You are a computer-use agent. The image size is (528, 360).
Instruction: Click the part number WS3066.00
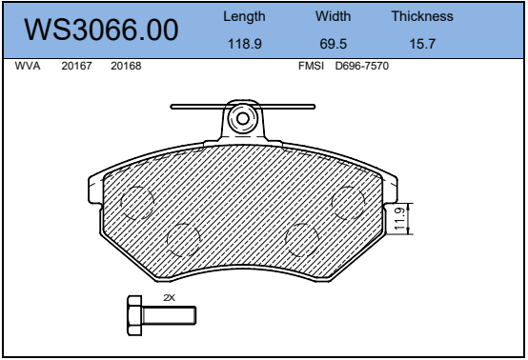pos(101,30)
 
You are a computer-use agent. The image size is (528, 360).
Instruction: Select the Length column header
pos(244,17)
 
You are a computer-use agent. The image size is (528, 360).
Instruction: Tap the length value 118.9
pos(245,44)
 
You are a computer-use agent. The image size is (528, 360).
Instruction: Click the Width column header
pos(333,16)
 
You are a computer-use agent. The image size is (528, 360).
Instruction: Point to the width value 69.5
pos(333,44)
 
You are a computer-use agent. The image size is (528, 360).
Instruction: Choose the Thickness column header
pos(422,16)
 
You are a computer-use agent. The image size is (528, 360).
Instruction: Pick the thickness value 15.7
pos(422,44)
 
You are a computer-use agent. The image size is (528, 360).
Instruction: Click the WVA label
pos(28,66)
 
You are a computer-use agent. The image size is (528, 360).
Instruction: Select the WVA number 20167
pos(76,66)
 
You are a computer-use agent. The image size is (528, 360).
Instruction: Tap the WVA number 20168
pos(126,66)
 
